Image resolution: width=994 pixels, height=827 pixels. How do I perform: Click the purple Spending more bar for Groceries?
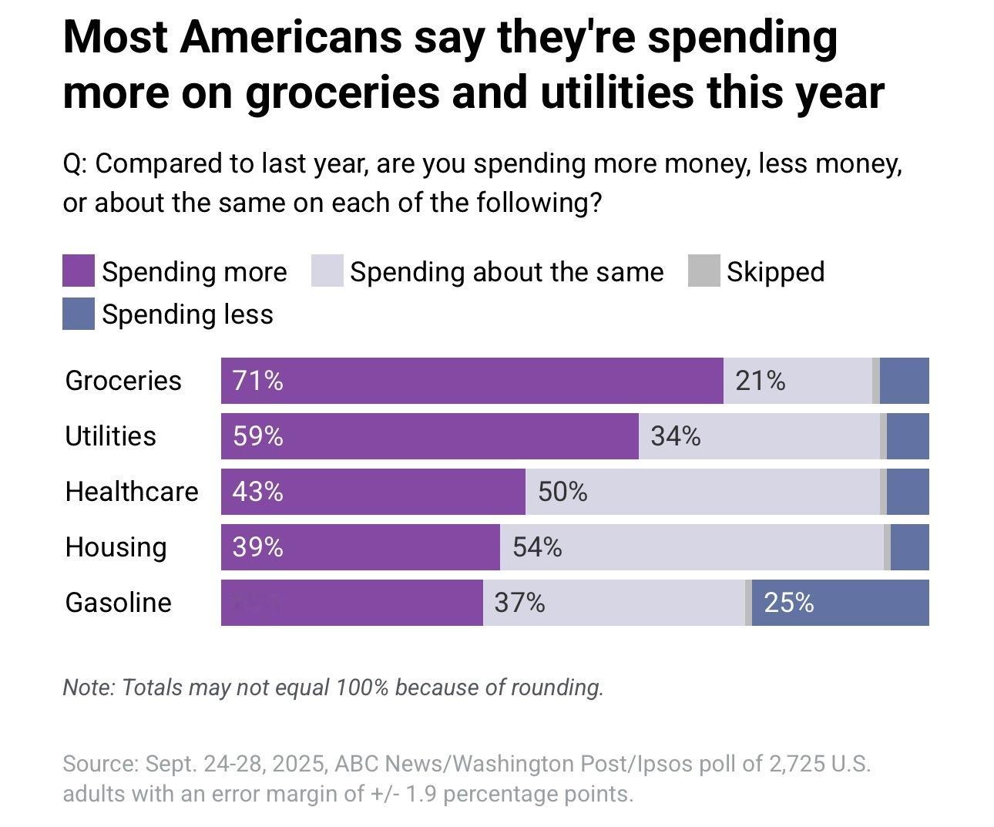click(x=472, y=381)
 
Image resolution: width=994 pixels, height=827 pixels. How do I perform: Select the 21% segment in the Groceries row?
click(x=798, y=381)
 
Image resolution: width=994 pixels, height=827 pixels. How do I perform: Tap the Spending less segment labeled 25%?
click(x=840, y=603)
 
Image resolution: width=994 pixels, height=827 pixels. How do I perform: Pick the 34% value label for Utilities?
click(x=676, y=436)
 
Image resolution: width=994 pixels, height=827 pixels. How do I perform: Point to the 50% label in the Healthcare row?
click(x=562, y=492)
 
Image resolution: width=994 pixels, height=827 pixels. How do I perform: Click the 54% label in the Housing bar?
click(x=537, y=547)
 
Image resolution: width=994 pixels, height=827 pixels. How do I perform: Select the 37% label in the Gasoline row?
click(x=519, y=603)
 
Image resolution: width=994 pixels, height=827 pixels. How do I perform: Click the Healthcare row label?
click(x=132, y=492)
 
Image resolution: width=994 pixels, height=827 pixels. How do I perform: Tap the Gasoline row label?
click(x=118, y=603)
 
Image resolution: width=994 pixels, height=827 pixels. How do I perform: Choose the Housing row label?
click(x=116, y=547)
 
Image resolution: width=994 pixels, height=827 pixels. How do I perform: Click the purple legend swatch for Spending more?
click(x=79, y=271)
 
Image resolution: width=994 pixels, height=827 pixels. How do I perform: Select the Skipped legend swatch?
click(x=704, y=271)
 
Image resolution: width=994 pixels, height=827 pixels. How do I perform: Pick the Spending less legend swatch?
click(x=79, y=314)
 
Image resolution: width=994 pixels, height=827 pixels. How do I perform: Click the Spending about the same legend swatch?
click(x=327, y=271)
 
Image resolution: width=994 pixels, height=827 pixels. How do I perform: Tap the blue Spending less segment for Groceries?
click(x=904, y=381)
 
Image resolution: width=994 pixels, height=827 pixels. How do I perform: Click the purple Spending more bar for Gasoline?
click(x=351, y=603)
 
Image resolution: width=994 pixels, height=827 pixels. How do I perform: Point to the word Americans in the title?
click(x=291, y=38)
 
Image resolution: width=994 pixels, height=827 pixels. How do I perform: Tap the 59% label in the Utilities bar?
click(x=258, y=436)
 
